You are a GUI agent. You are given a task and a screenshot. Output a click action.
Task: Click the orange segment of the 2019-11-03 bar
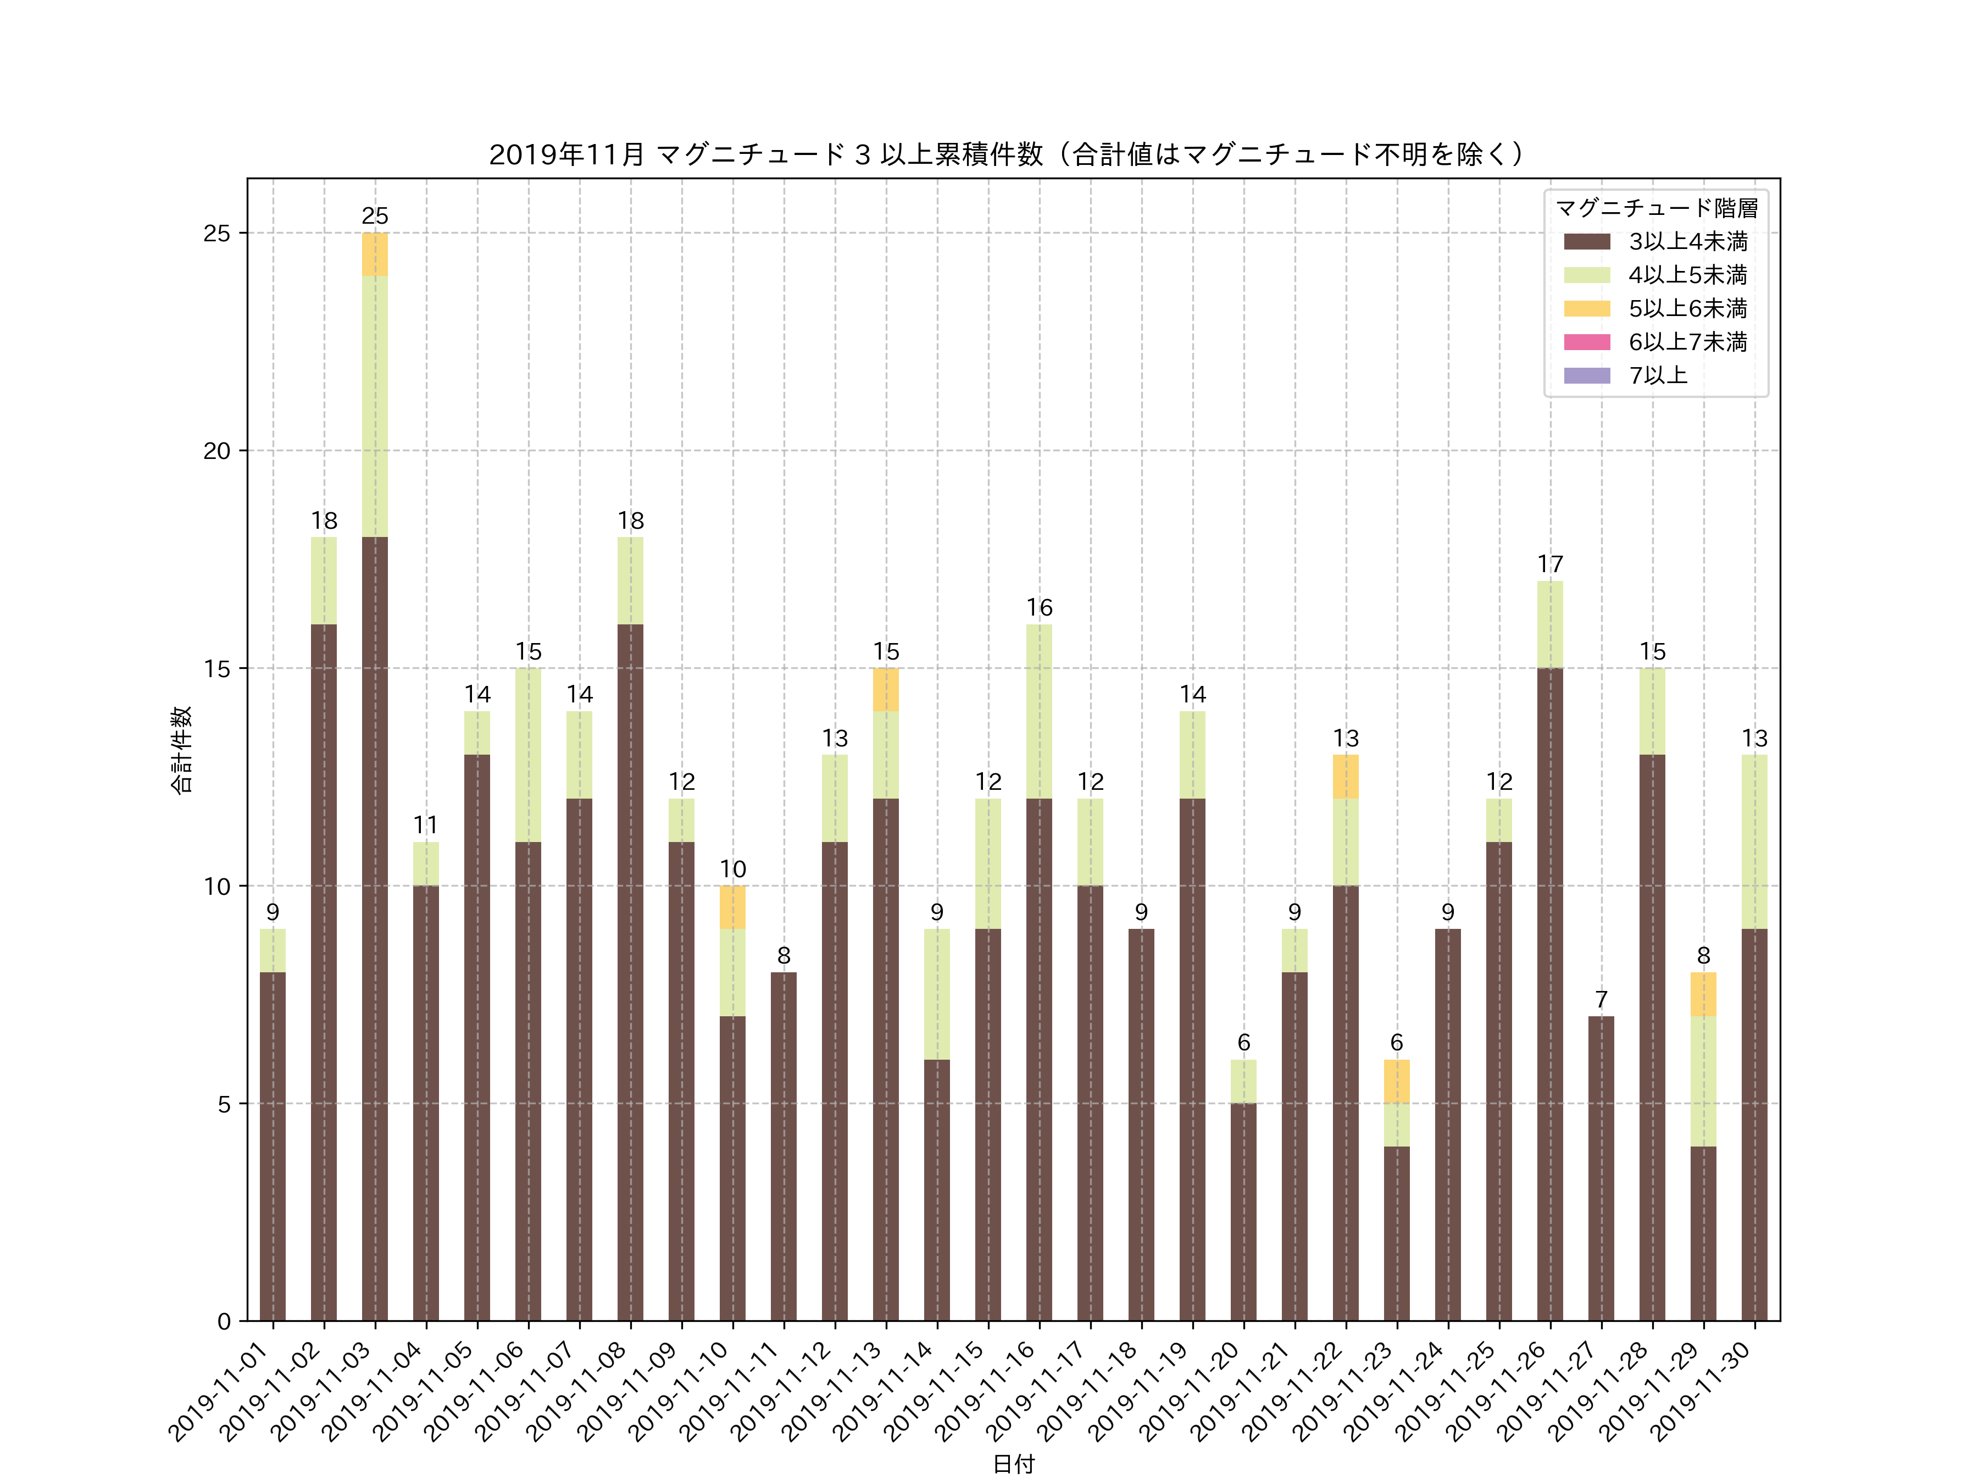click(375, 254)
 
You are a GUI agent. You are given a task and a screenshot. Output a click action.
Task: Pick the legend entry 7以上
click(1657, 376)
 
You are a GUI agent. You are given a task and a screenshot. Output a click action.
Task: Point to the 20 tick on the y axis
click(216, 451)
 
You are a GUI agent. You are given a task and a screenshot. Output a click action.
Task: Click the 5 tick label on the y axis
click(224, 1104)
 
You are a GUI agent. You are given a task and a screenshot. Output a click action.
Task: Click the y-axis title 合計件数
click(181, 750)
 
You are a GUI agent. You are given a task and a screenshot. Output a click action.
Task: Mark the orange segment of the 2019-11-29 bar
click(1703, 994)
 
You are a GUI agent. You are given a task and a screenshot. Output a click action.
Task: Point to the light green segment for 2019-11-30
click(1754, 841)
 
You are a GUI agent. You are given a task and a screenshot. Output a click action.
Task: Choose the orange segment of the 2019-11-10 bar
click(732, 907)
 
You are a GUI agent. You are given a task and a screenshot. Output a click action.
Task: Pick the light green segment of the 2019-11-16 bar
click(1038, 711)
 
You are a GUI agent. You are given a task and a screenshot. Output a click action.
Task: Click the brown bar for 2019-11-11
click(784, 1146)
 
